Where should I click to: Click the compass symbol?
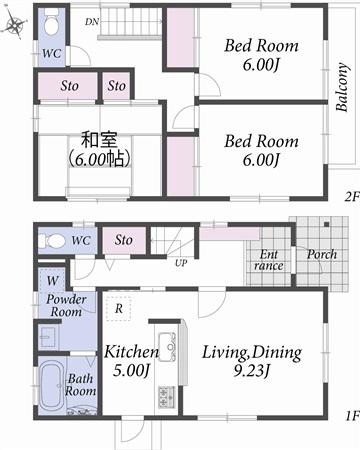(x=14, y=23)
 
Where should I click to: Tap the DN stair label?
(x=92, y=21)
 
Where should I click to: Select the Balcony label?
(x=342, y=87)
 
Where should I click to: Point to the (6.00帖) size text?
(x=100, y=158)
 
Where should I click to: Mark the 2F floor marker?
(x=349, y=196)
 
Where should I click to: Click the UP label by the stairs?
(x=180, y=264)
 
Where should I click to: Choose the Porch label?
(x=321, y=255)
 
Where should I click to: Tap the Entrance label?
(x=269, y=261)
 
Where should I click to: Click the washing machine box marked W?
(x=51, y=281)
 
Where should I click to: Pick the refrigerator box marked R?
(x=120, y=308)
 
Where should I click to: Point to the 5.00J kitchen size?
(x=130, y=371)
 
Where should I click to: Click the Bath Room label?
(x=81, y=386)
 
